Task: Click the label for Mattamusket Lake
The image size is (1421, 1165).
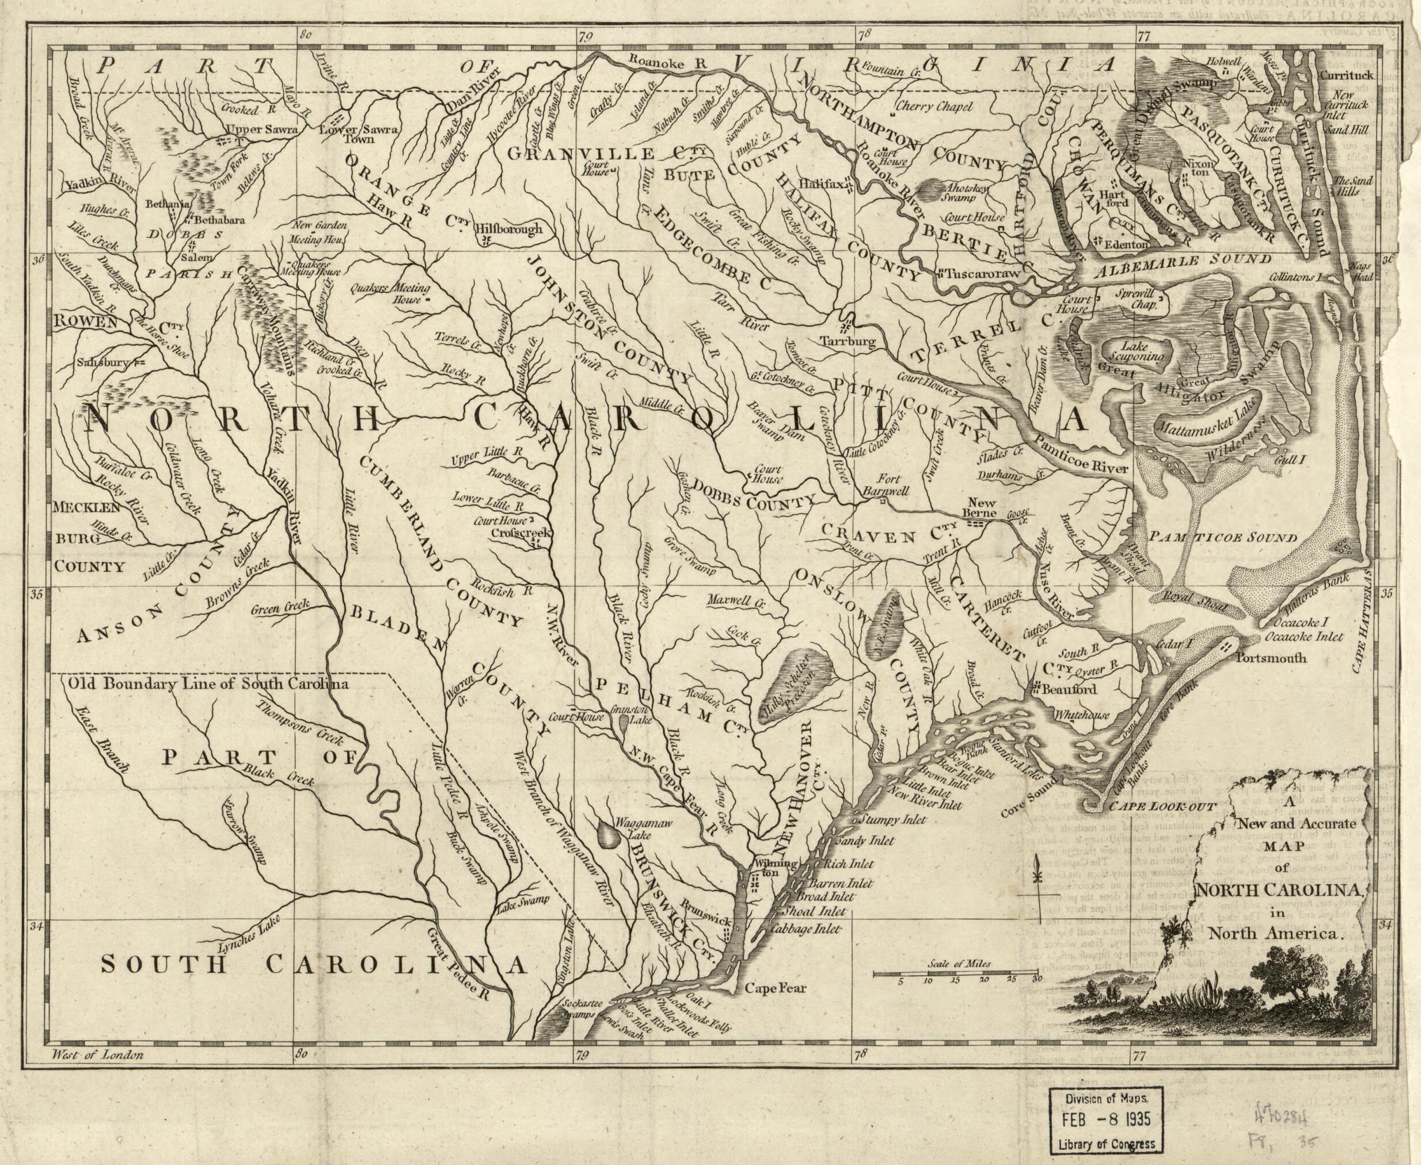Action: [x=1203, y=423]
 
